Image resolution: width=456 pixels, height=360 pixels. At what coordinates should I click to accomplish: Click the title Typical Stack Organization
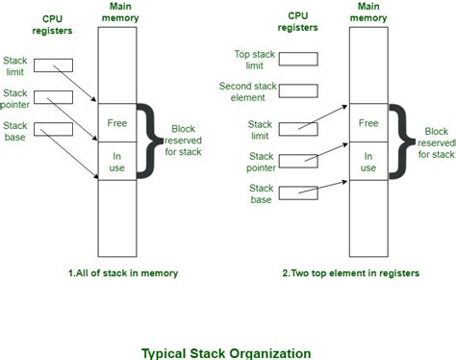227,351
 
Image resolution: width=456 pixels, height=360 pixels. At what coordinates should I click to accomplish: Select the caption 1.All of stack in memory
122,272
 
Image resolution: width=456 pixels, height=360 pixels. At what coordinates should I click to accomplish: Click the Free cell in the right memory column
368,122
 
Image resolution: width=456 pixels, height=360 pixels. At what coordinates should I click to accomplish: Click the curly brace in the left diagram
145,140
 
